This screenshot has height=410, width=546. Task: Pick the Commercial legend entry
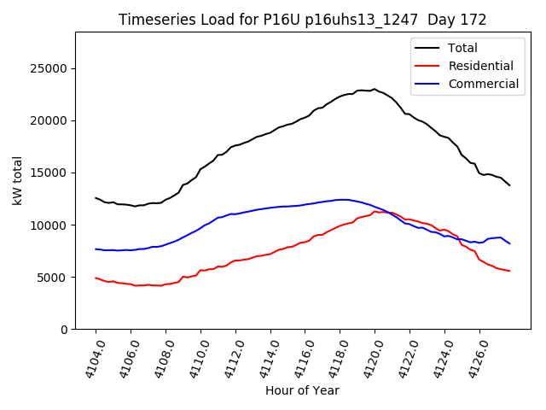pyautogui.click(x=483, y=84)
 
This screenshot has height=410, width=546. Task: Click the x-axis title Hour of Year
pyautogui.click(x=302, y=390)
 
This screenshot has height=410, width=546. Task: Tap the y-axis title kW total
pyautogui.click(x=18, y=180)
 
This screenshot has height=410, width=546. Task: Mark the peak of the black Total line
pyautogui.click(x=374, y=89)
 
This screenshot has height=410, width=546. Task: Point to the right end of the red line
pyautogui.click(x=509, y=271)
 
